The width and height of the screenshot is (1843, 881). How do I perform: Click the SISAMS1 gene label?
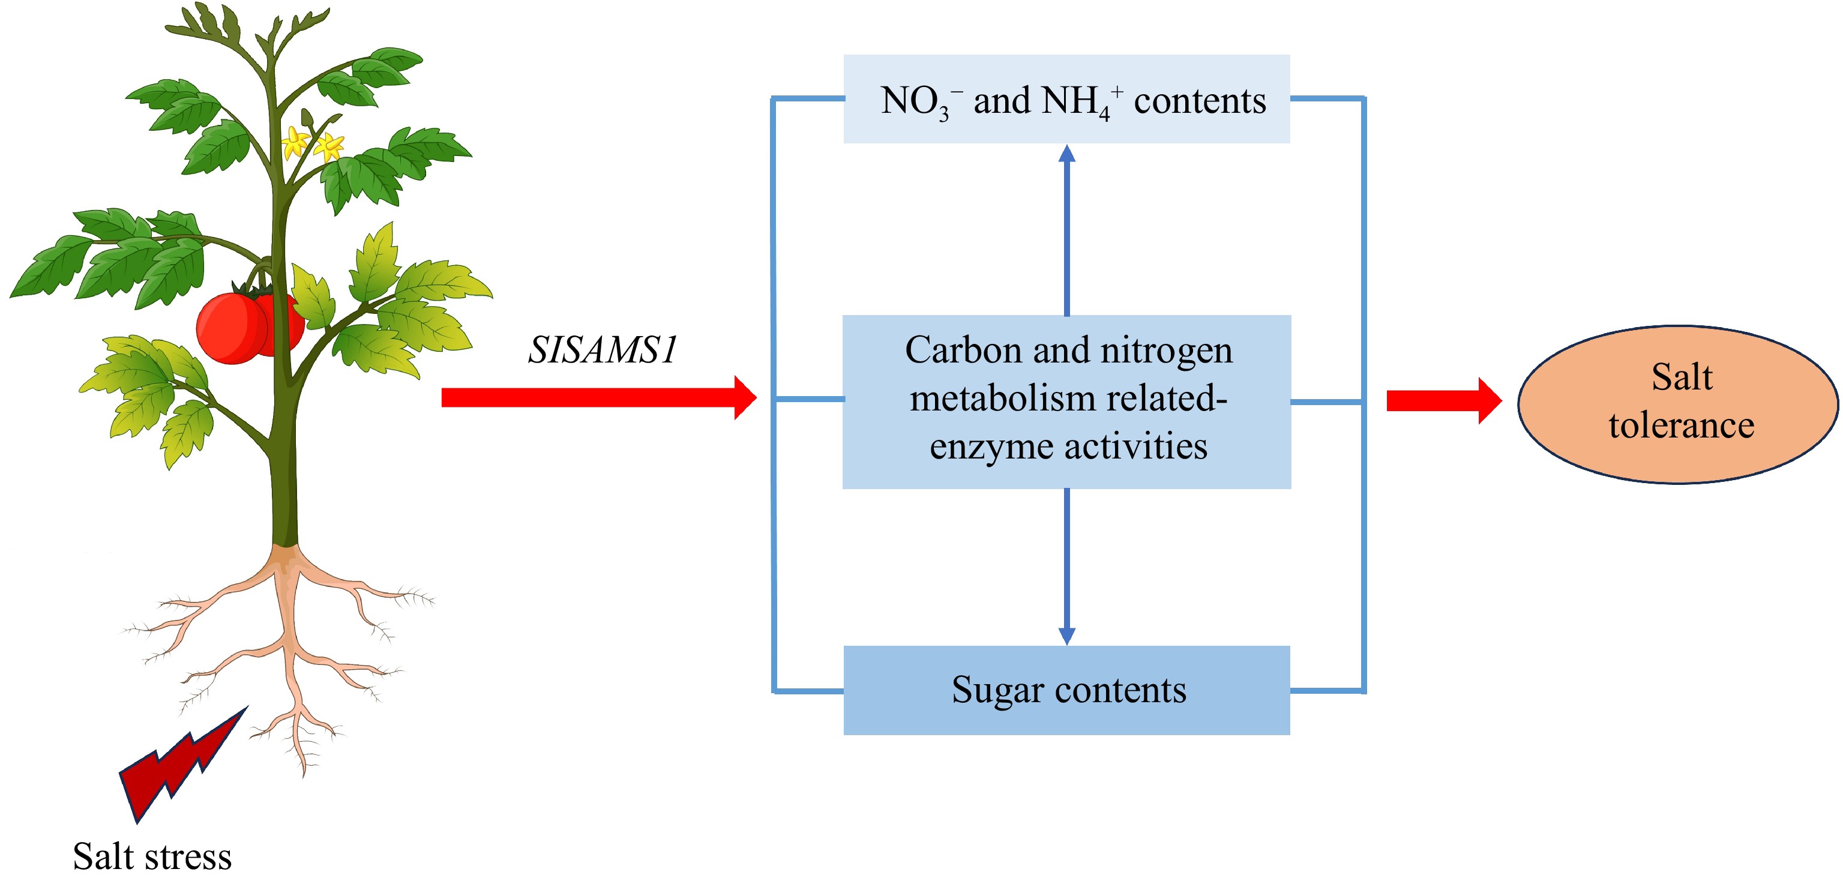pyautogui.click(x=602, y=350)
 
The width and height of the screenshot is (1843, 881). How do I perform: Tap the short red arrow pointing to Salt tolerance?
pyautogui.click(x=1442, y=401)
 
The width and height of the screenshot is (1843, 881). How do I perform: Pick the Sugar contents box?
pyautogui.click(x=1066, y=690)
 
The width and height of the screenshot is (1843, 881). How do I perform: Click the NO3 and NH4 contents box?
pyautogui.click(x=1066, y=99)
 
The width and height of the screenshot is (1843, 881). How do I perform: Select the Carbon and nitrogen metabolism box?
pyautogui.click(x=1066, y=401)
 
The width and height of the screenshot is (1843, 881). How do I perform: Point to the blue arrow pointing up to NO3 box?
pyautogui.click(x=1067, y=229)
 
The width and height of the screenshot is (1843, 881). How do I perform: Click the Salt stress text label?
pyautogui.click(x=152, y=856)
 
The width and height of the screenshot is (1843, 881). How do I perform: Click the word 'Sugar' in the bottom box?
pyautogui.click(x=997, y=691)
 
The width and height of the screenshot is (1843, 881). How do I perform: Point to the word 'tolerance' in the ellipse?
pyautogui.click(x=1682, y=426)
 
